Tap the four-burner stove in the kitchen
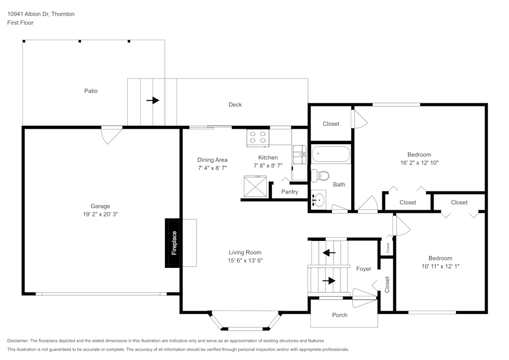pos(258,137)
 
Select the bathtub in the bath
pos(331,154)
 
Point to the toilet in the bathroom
pos(320,176)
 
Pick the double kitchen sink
pos(300,154)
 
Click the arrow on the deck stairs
pos(153,100)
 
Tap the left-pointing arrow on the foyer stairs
pos(329,253)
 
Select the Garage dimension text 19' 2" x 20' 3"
pos(100,214)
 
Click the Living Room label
pos(245,252)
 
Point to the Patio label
pos(91,91)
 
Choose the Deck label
pos(235,104)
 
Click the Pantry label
pos(290,192)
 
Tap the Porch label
pos(340,315)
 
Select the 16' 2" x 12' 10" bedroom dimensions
pos(419,162)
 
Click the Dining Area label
pos(212,160)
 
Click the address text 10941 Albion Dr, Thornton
pos(41,14)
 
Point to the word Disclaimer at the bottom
pos(18,341)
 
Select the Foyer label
pos(363,269)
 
